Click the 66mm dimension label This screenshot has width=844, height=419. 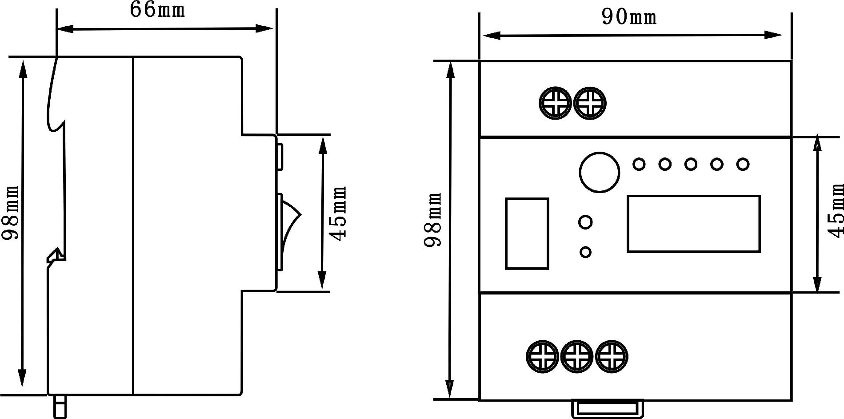(x=157, y=10)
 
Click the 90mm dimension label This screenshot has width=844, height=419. (x=629, y=17)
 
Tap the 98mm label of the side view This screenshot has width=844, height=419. (x=11, y=213)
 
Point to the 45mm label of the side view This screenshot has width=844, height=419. (x=339, y=214)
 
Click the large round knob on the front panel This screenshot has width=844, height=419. (x=599, y=172)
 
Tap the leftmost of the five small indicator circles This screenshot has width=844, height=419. (x=639, y=164)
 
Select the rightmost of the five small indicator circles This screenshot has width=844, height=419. (x=743, y=164)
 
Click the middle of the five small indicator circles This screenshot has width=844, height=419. (x=691, y=164)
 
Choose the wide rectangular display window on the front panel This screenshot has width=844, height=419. (x=693, y=224)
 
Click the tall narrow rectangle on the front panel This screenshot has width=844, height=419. (x=527, y=234)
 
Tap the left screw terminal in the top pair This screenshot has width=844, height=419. (x=555, y=103)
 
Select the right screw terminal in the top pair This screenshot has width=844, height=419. (x=590, y=103)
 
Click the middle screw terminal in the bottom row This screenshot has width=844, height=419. (x=577, y=356)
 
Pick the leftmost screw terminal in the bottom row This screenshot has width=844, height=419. (x=542, y=356)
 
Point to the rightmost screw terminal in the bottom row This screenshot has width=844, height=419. (x=612, y=356)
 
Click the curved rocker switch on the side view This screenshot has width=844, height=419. (x=289, y=231)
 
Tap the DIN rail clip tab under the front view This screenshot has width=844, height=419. (x=607, y=408)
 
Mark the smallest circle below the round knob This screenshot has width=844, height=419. (x=586, y=252)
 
